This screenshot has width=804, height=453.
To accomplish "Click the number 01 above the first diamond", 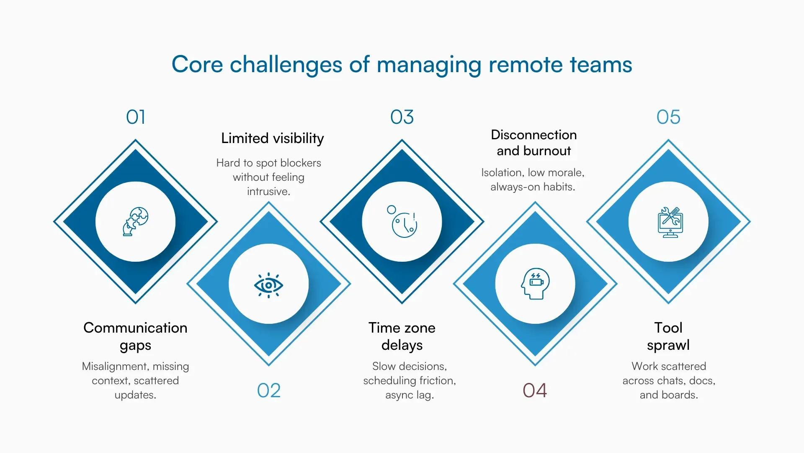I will [x=136, y=117].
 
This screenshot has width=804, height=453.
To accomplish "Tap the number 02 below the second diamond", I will [x=268, y=391].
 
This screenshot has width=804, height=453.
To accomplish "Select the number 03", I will [x=402, y=117].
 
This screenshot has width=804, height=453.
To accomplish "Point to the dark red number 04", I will [x=535, y=391].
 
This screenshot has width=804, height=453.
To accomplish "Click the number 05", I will [x=668, y=117].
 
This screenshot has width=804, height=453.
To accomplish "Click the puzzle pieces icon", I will [x=135, y=221].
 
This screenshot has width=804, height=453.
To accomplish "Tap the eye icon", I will [x=268, y=285].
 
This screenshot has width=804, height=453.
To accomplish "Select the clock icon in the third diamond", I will [x=403, y=222].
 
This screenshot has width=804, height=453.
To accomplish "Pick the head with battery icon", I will [x=535, y=284].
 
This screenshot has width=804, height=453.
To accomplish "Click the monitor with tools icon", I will [x=670, y=222].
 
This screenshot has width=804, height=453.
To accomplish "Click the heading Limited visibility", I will [x=272, y=138].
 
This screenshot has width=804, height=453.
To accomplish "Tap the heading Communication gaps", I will [x=135, y=336].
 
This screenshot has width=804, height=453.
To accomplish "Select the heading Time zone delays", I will [x=402, y=336].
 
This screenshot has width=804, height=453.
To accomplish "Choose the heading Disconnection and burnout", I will [x=533, y=143].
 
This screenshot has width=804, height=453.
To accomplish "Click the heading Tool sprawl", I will [x=668, y=336].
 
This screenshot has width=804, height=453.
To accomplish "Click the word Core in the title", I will [x=197, y=65].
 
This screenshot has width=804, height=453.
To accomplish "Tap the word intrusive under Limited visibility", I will [x=268, y=192].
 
